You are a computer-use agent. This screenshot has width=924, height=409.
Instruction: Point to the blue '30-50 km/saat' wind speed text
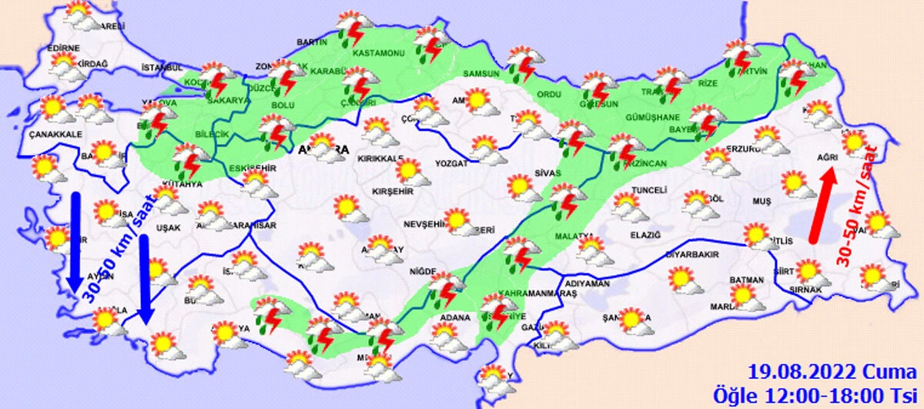click(122, 246)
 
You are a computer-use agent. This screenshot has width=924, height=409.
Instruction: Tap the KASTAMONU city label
click(378, 54)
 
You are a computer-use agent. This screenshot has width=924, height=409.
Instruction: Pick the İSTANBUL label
click(162, 68)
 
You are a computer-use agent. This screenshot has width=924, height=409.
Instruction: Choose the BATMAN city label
click(747, 280)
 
